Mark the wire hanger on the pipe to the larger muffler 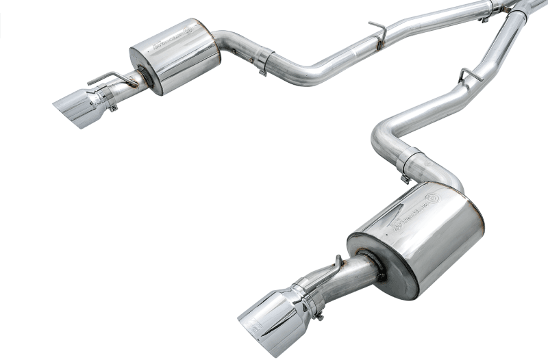(x=468, y=75)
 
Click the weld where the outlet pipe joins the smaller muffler (x=142, y=73)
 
